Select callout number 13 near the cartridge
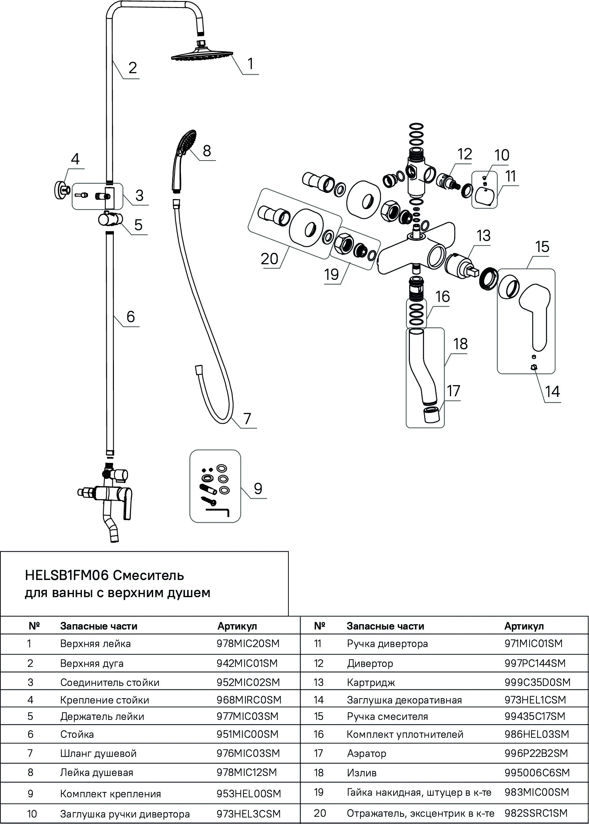[483, 236]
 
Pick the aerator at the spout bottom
[431, 414]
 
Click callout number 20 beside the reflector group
[270, 259]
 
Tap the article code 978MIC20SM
[248, 644]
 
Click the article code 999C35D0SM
[537, 682]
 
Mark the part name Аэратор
[366, 753]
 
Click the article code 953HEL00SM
[249, 794]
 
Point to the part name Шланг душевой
[98, 753]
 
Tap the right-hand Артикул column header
[524, 626]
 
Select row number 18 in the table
[319, 773]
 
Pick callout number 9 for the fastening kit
[258, 488]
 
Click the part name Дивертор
[370, 663]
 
